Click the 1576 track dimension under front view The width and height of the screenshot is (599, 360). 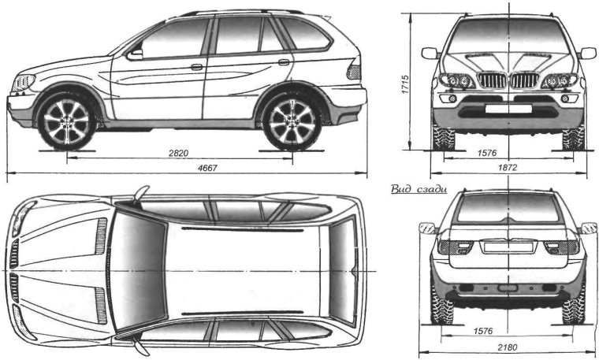pos(508,150)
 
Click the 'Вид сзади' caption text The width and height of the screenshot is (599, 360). pos(419,189)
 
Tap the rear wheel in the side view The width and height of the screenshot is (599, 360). pos(292,121)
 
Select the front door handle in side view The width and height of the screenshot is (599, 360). pos(197,67)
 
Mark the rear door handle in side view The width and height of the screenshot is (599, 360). pos(284,61)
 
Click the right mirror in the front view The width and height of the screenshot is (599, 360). pos(587,53)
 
